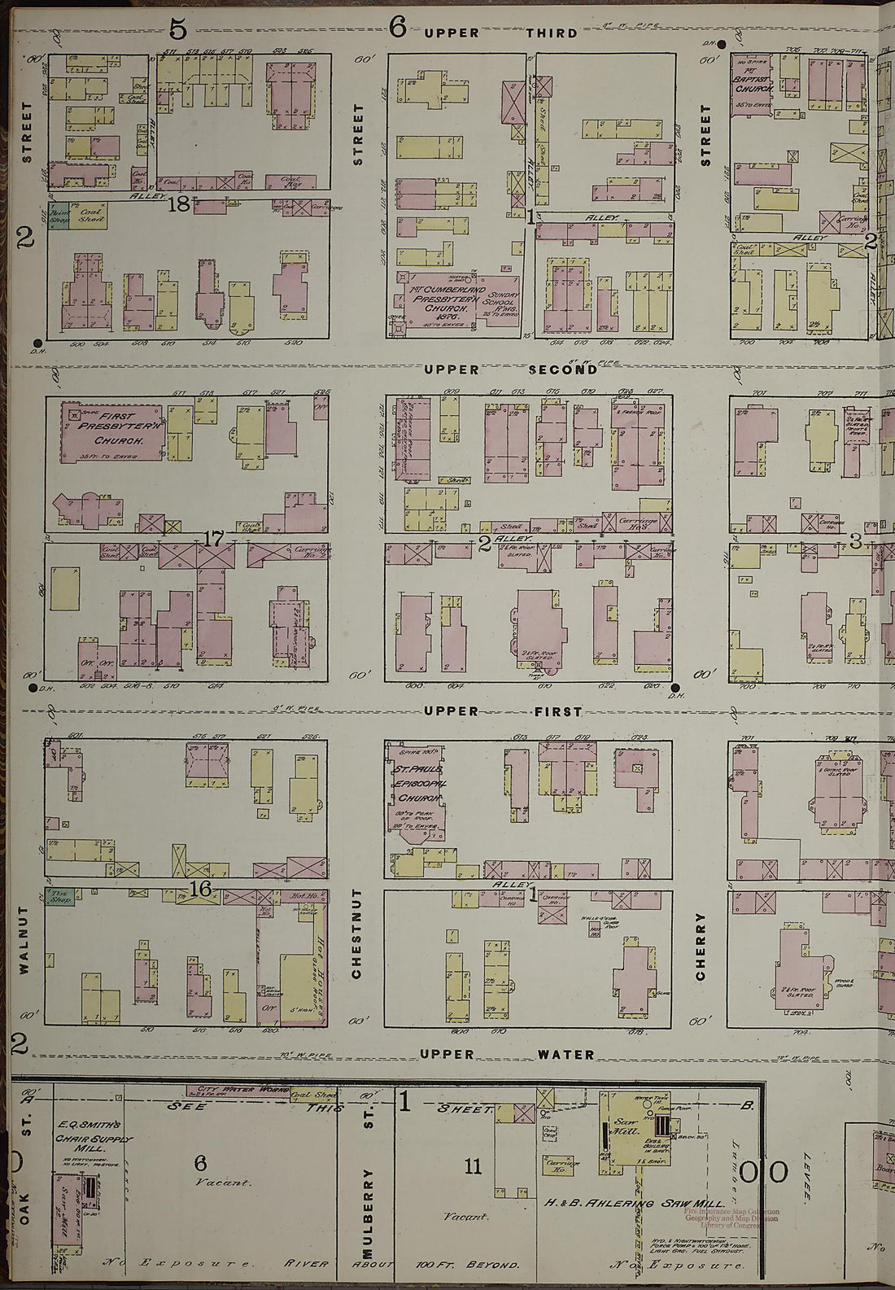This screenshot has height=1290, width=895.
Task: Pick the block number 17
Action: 213,538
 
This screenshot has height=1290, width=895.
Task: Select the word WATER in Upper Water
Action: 565,1054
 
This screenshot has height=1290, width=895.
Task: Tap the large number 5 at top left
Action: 178,29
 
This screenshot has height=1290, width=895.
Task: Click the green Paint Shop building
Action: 58,215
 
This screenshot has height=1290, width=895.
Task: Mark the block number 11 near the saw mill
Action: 473,1166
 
